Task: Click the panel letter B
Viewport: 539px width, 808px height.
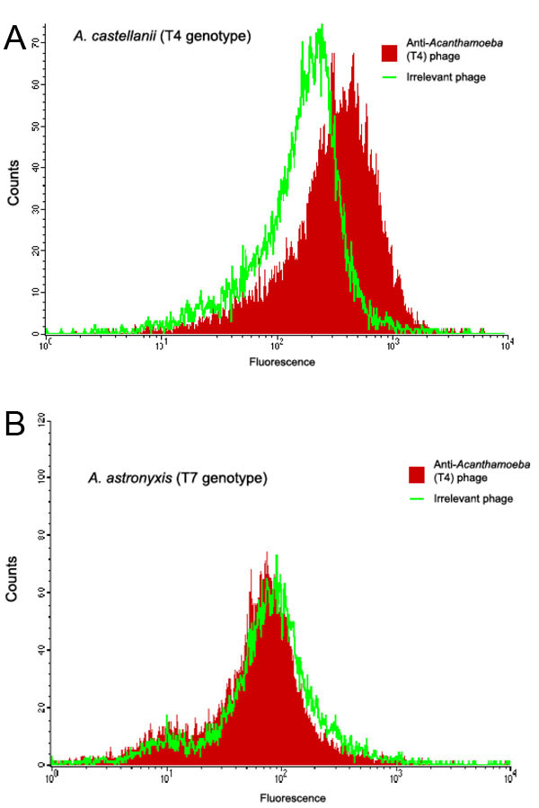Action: pos(15,423)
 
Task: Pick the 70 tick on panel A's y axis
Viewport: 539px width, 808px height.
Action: pos(34,42)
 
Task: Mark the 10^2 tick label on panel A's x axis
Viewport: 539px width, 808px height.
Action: pos(277,345)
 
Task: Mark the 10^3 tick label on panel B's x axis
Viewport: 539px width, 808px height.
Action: pos(395,777)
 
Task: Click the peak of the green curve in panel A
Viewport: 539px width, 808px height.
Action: pos(321,26)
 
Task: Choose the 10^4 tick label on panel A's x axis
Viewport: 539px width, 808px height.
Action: pos(507,345)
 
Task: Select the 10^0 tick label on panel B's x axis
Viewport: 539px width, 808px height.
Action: pos(53,777)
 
